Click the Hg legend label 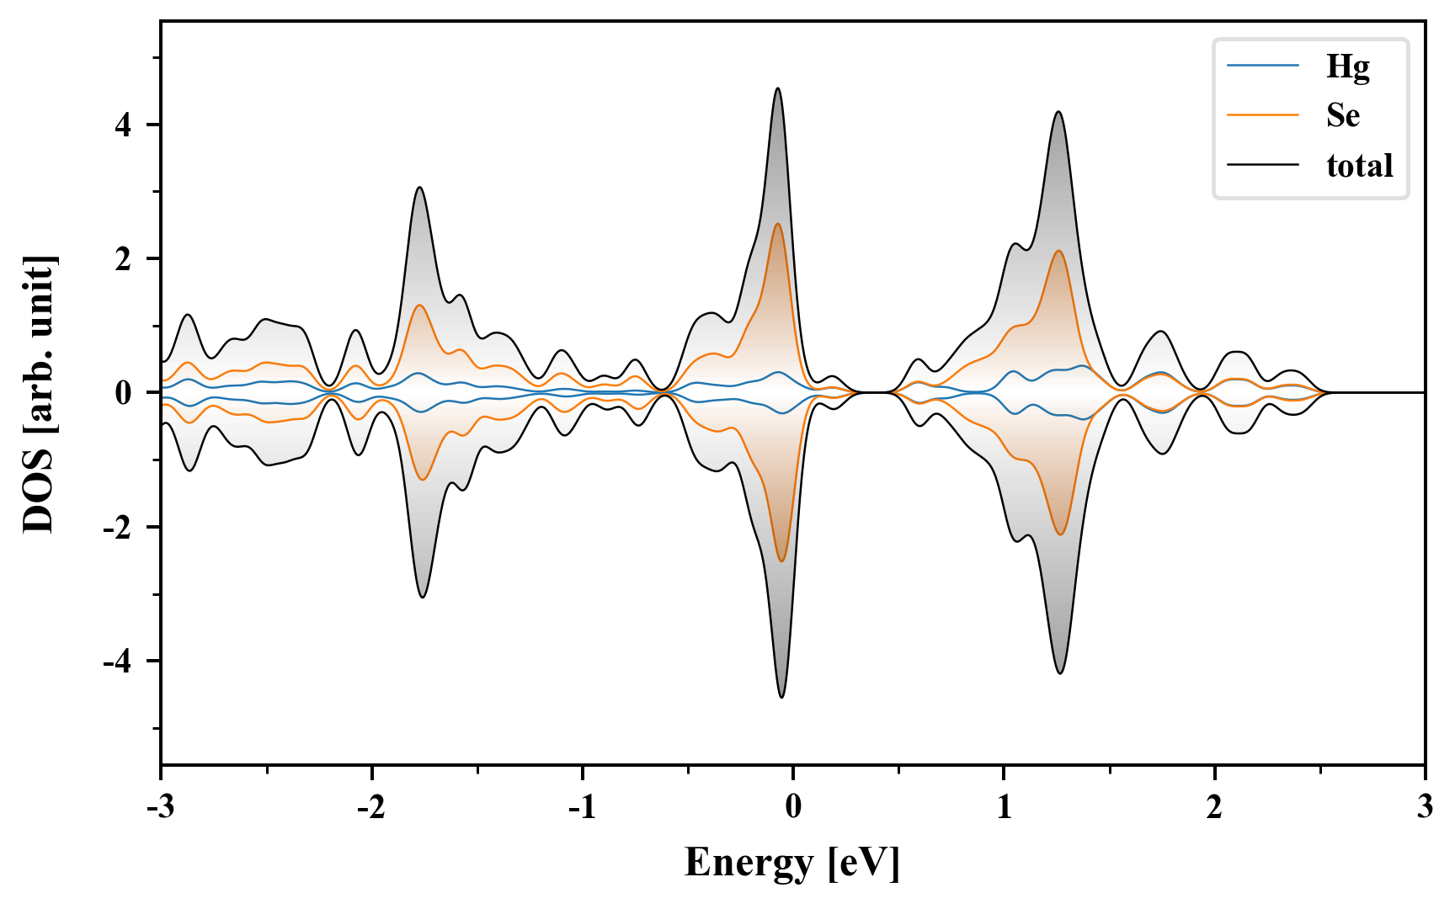pos(1347,66)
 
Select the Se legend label pos(1343,115)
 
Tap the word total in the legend pos(1359,165)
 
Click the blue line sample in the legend pos(1262,66)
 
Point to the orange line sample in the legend pos(1262,114)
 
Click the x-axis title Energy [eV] pos(792,862)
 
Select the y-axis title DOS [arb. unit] pos(39,393)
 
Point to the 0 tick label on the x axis pos(793,807)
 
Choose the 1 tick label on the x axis pos(1004,807)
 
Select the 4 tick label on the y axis pos(124,125)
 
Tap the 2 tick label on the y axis pos(124,258)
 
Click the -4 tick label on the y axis pos(118,662)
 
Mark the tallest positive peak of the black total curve pos(778,88)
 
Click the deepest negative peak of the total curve pos(782,697)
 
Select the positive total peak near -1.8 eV pos(419,188)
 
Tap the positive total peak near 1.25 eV pos(1058,112)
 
